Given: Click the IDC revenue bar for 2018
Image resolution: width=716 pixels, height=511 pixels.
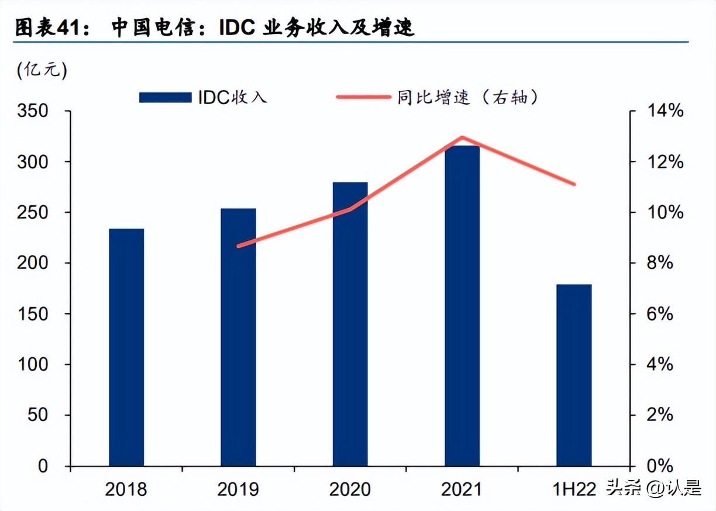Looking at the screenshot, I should pyautogui.click(x=126, y=347).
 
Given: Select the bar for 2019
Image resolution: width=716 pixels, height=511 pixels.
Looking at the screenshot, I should pyautogui.click(x=238, y=337).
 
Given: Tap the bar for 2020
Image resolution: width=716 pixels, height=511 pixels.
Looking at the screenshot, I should pyautogui.click(x=350, y=324).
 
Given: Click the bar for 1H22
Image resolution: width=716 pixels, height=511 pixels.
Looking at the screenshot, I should pyautogui.click(x=574, y=375).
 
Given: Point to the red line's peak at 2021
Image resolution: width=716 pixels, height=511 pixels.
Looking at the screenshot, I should pyautogui.click(x=462, y=138).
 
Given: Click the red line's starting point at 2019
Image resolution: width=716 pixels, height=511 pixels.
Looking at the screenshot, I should pyautogui.click(x=239, y=246).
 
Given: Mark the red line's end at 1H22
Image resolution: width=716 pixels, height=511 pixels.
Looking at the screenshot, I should pyautogui.click(x=574, y=184).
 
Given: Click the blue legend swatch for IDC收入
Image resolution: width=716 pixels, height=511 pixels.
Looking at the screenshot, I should pyautogui.click(x=165, y=98).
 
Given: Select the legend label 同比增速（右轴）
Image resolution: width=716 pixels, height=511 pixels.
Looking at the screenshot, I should pyautogui.click(x=466, y=98).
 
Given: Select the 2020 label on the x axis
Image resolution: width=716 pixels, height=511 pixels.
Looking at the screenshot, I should pyautogui.click(x=350, y=489).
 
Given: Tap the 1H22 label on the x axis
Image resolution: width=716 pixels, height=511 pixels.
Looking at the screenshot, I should pyautogui.click(x=574, y=489).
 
